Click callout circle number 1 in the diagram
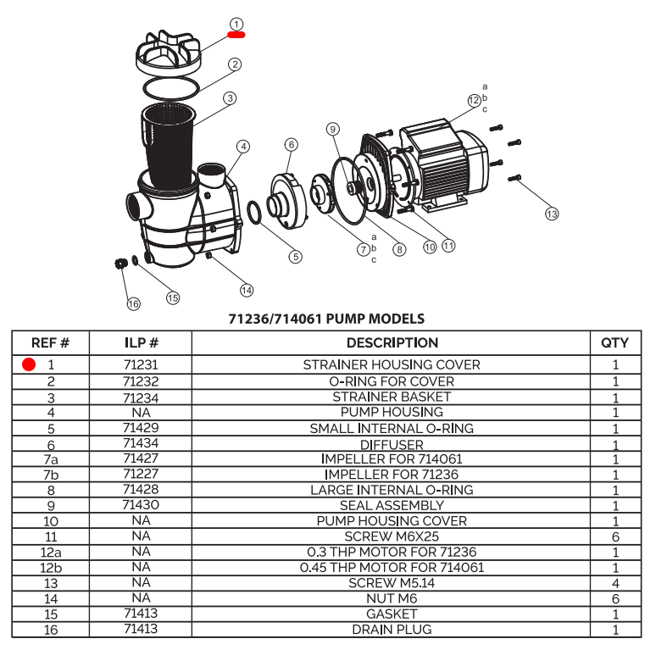point(236,25)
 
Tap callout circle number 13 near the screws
point(552,214)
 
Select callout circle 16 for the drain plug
point(133,303)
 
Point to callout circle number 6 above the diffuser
point(291,145)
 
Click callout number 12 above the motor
point(474,100)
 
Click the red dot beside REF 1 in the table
point(29,365)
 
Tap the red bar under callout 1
point(236,36)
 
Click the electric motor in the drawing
point(445,161)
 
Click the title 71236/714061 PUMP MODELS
point(327,319)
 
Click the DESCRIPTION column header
point(392,342)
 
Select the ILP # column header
point(141,342)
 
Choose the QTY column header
point(614,342)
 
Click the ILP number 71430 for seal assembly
point(141,505)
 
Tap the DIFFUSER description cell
point(392,444)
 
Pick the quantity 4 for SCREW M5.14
point(614,583)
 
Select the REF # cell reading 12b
point(51,567)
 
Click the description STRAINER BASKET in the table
point(392,397)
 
